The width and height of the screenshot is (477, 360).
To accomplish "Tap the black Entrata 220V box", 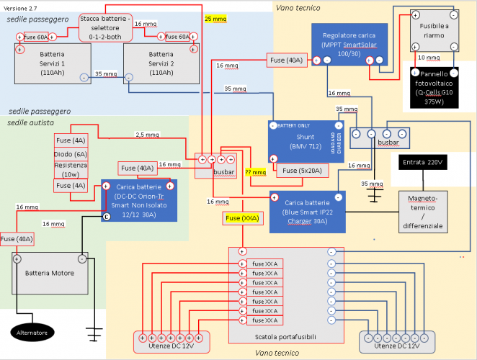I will (x=423, y=163).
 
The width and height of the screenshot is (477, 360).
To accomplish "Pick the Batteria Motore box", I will (x=49, y=273).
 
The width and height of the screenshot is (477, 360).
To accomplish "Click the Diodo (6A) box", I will (x=70, y=154).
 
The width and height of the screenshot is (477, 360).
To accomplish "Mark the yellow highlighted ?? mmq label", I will (x=255, y=173).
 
